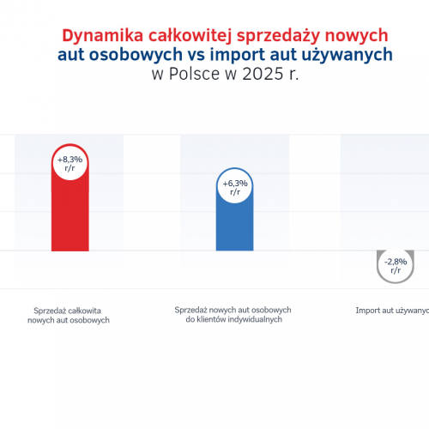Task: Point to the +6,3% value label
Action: pos(234,184)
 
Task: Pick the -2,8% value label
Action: pos(396,262)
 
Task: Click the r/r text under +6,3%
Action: pos(234,192)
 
